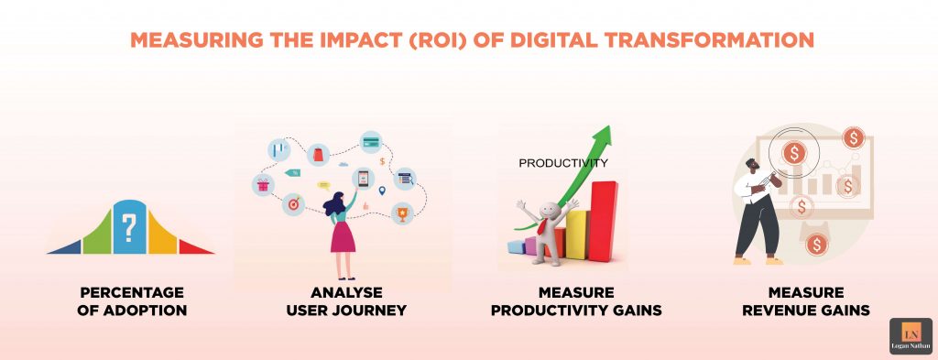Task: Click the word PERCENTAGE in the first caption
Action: point(132,292)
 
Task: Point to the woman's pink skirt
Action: point(343,236)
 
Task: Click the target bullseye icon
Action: point(293,203)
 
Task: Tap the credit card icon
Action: point(371,142)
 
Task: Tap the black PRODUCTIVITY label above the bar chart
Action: point(563,164)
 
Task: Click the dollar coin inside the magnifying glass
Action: point(794,152)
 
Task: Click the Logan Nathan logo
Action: point(911,336)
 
